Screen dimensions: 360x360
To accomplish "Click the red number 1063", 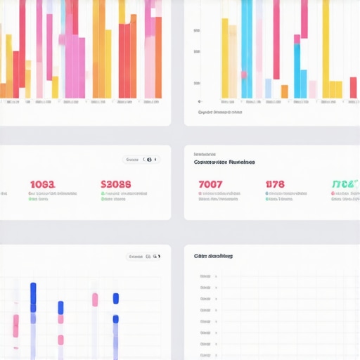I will (x=41, y=184).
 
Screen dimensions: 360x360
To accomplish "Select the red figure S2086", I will (x=115, y=184).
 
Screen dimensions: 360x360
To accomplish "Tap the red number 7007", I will (x=211, y=184).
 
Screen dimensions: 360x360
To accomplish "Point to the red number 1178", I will (x=275, y=184).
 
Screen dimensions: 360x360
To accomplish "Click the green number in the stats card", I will (x=345, y=184).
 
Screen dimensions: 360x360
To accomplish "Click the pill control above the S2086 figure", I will (x=141, y=160).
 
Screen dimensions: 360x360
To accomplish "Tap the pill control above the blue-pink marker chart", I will (x=143, y=257).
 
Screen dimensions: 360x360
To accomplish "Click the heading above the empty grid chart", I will (x=213, y=257).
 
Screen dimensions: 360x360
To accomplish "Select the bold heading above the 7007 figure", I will (x=224, y=162).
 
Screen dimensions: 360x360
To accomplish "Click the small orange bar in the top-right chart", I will (x=284, y=91).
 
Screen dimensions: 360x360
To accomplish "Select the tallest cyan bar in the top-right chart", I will (x=247, y=49).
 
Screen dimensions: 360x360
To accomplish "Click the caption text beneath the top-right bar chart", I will (x=220, y=112).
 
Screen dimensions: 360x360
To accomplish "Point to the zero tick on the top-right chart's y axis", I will (x=199, y=101).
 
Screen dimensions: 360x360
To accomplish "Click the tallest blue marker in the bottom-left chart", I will (x=33, y=297).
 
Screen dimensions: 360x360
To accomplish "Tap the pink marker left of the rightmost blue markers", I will (x=95, y=300).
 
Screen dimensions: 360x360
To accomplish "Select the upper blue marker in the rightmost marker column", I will (x=116, y=299).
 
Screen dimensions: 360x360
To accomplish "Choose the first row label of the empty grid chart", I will (x=205, y=276).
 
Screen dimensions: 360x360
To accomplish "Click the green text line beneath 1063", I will (x=38, y=199).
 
